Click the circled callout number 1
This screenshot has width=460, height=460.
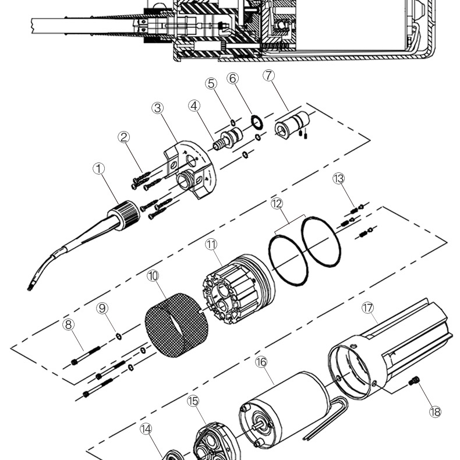pyautogui.click(x=98, y=169)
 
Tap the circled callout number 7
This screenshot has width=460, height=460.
pyautogui.click(x=269, y=75)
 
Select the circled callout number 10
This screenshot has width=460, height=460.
pyautogui.click(x=153, y=276)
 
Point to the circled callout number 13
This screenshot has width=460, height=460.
pyautogui.click(x=338, y=178)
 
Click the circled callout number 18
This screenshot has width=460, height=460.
pyautogui.click(x=436, y=412)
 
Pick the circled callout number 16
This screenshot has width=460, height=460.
pyautogui.click(x=261, y=362)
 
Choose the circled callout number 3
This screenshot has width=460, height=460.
pyautogui.click(x=158, y=108)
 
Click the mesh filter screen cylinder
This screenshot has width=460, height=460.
pyautogui.click(x=177, y=325)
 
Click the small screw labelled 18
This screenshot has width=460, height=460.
pyautogui.click(x=414, y=381)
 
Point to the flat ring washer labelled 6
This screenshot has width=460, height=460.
pyautogui.click(x=257, y=122)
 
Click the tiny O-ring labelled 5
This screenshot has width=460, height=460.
pyautogui.click(x=233, y=122)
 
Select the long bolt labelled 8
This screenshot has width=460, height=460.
pyautogui.click(x=86, y=356)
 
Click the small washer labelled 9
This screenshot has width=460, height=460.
pyautogui.click(x=119, y=336)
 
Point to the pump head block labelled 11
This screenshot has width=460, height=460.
pyautogui.click(x=239, y=289)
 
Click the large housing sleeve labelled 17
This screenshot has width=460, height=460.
pyautogui.click(x=387, y=349)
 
